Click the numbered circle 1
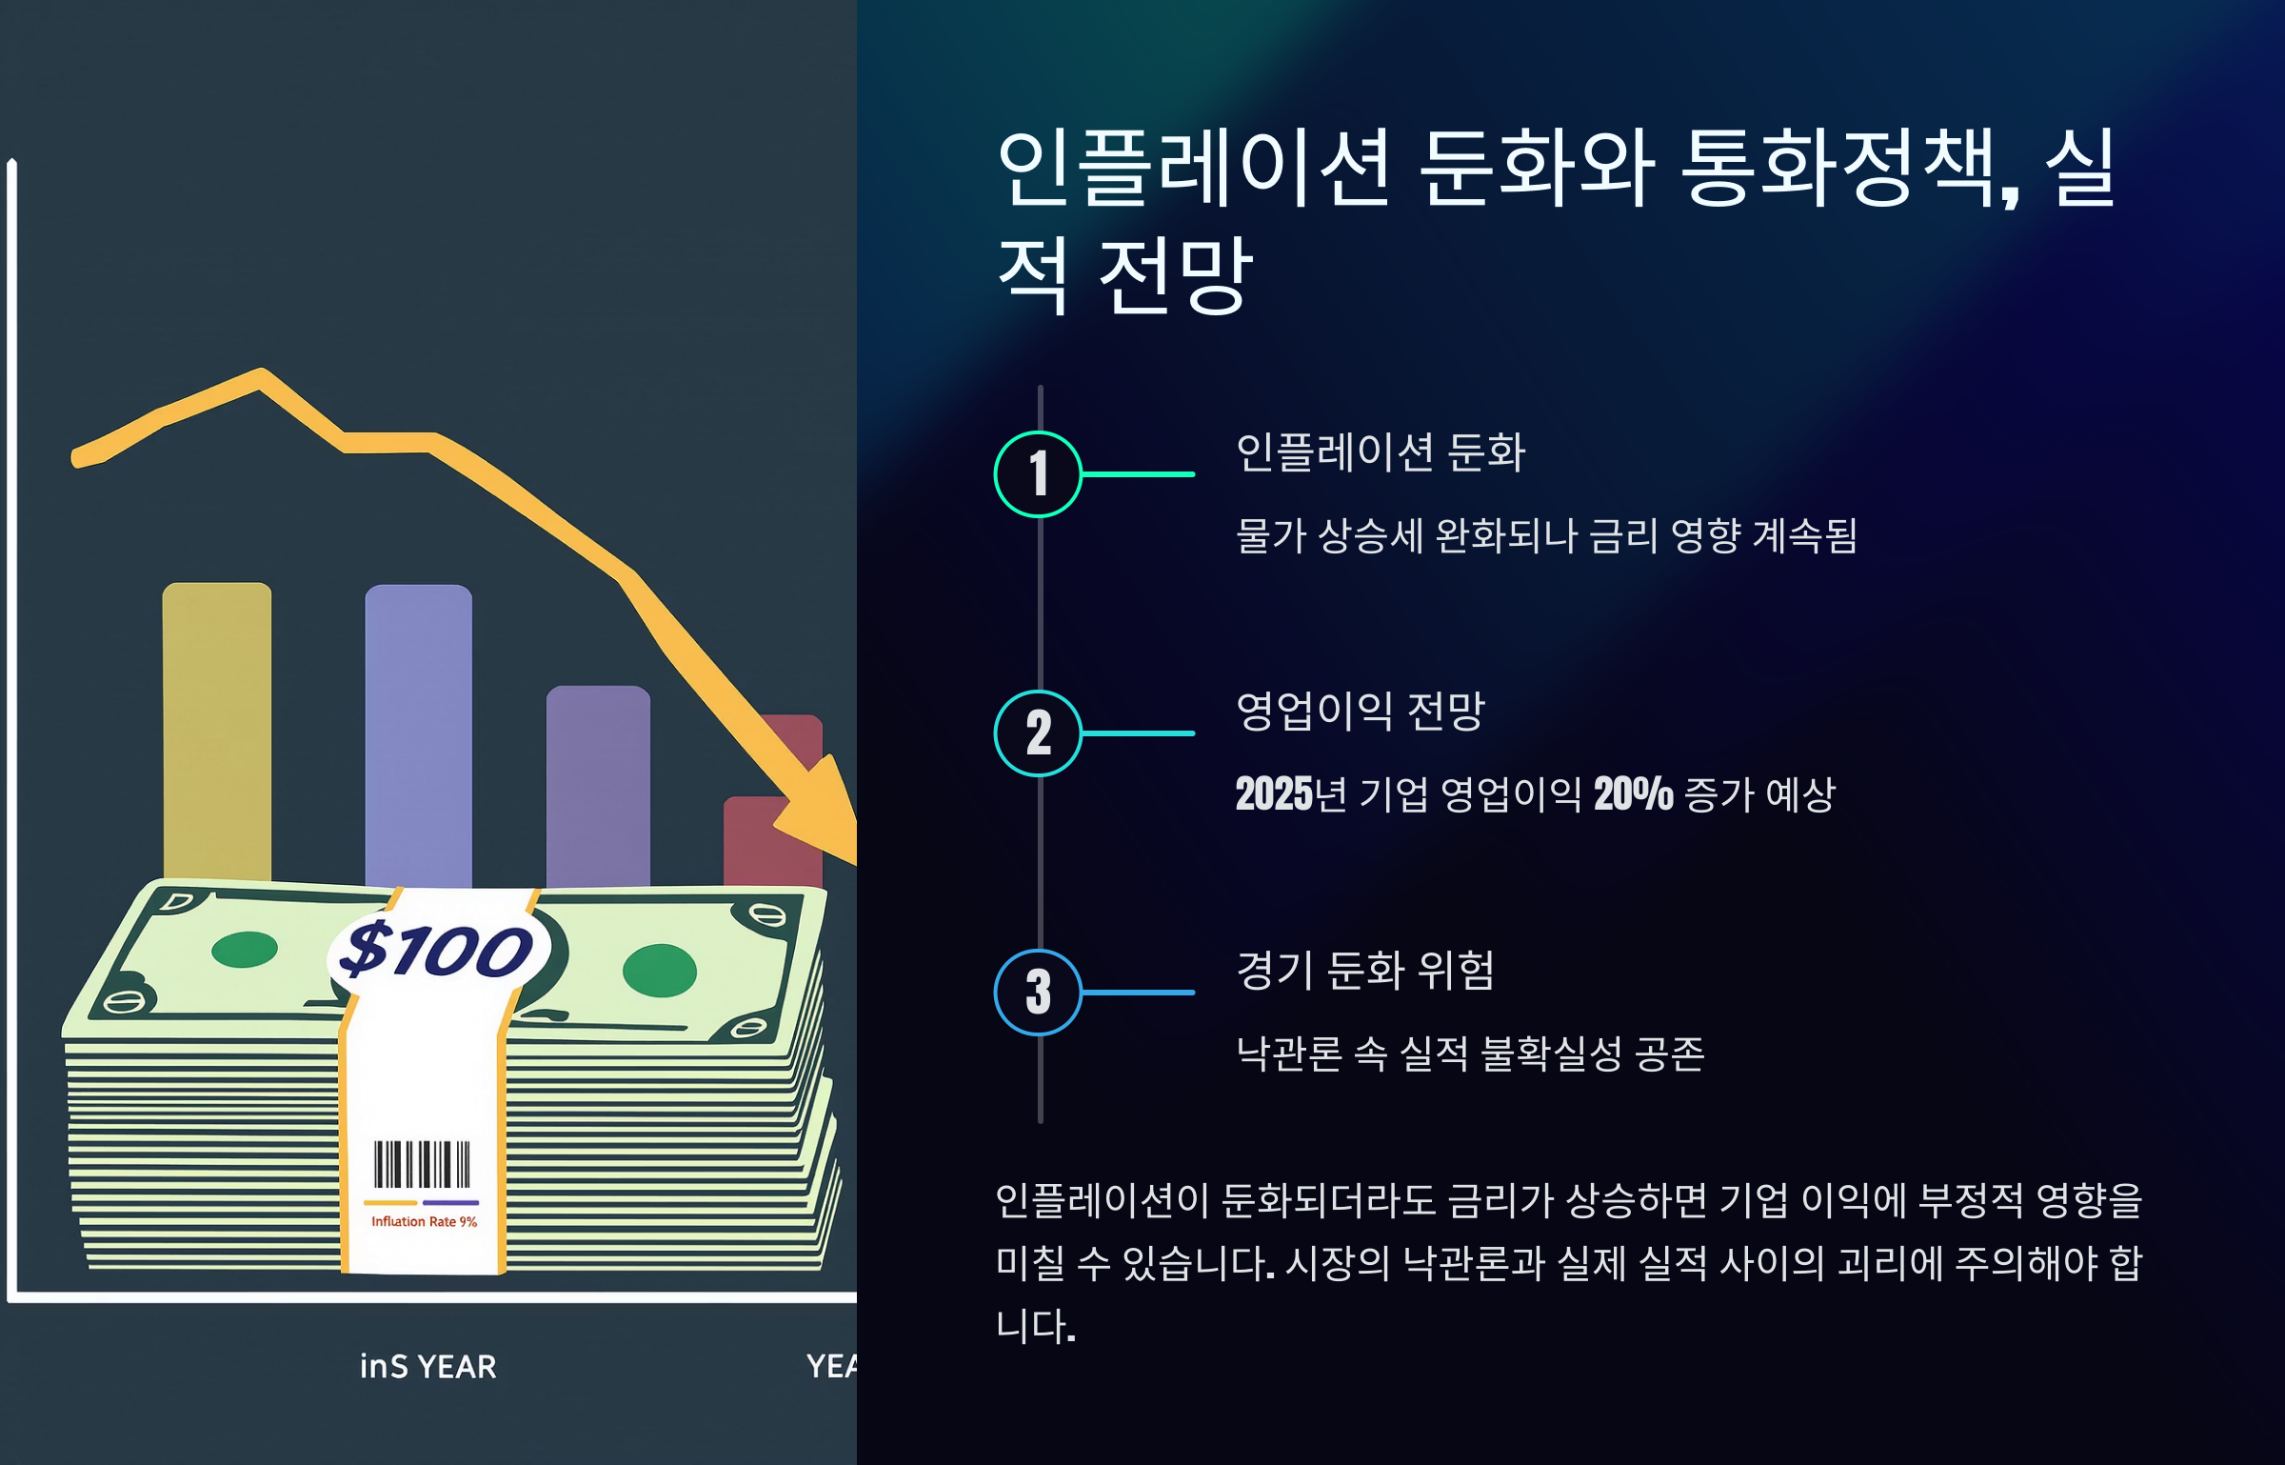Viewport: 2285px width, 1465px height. (1038, 473)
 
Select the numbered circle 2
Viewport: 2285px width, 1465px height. (1038, 732)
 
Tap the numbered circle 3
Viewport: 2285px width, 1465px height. (1038, 992)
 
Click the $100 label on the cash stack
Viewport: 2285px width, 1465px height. (437, 949)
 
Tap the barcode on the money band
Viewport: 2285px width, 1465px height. (422, 1164)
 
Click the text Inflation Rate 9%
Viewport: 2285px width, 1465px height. (424, 1221)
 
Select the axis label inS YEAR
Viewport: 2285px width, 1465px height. (427, 1367)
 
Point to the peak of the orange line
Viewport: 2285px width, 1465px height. (261, 374)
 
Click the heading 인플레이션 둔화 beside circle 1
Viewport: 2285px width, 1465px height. (1380, 452)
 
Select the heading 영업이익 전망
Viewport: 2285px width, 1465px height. (1360, 711)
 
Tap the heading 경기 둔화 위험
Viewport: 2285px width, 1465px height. (1364, 971)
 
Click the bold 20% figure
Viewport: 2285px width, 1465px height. (1633, 794)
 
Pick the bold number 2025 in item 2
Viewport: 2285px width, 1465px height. (1274, 794)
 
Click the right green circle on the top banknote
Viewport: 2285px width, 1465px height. (659, 970)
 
